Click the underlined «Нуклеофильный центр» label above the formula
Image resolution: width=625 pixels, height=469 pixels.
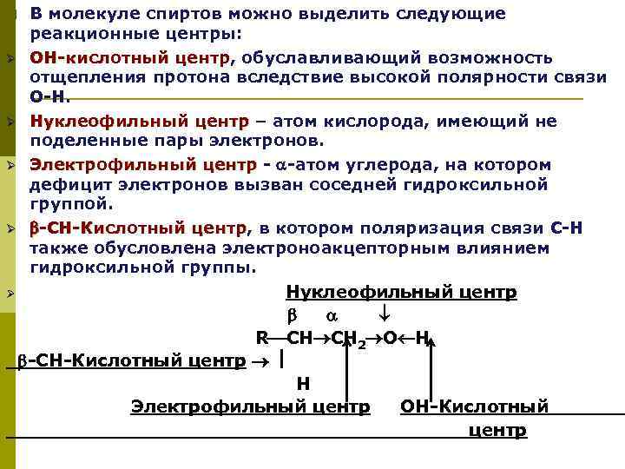(x=401, y=292)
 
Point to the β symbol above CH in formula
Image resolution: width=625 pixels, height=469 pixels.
(x=293, y=314)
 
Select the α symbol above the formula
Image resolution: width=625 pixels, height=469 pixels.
(x=331, y=314)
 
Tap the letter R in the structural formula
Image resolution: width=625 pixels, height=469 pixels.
(x=261, y=337)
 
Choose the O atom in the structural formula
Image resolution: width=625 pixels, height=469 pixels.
(x=390, y=337)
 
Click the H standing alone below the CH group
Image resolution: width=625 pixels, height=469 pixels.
(x=303, y=383)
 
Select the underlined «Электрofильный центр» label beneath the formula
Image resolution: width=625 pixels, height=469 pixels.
(x=250, y=406)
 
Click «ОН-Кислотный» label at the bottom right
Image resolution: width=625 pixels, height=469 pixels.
(x=474, y=406)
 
